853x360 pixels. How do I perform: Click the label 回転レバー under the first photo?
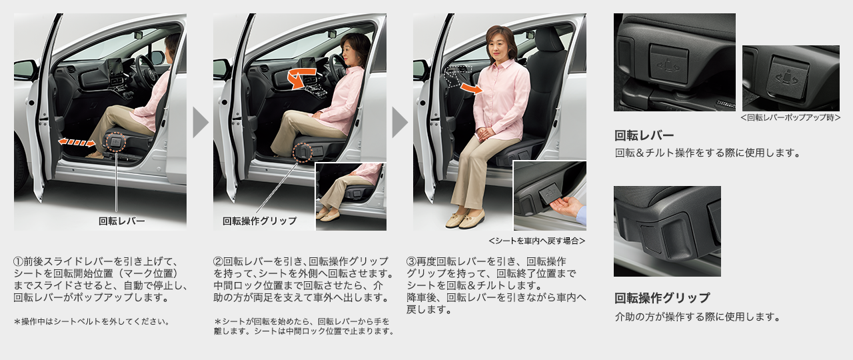(122, 221)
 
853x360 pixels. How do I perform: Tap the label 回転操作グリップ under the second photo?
(260, 221)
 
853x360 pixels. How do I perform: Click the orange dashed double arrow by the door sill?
(77, 143)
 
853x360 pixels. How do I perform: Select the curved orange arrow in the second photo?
(301, 78)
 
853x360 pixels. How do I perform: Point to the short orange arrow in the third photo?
(472, 89)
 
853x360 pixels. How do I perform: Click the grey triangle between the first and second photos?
(201, 122)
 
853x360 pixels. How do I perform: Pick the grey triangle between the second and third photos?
(400, 122)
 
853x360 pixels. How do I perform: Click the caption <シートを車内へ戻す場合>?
(537, 241)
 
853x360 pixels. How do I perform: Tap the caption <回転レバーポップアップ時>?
(790, 117)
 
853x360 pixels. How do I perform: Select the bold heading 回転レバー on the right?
(644, 135)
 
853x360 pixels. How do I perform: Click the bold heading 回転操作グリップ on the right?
(662, 297)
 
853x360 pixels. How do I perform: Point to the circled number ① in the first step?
(18, 261)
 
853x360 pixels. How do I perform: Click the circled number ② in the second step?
(218, 261)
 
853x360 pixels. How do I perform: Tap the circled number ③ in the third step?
(411, 261)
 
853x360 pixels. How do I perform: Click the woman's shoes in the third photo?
(464, 219)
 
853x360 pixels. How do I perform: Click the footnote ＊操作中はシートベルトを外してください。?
(92, 321)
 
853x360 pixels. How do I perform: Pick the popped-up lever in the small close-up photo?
(789, 79)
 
